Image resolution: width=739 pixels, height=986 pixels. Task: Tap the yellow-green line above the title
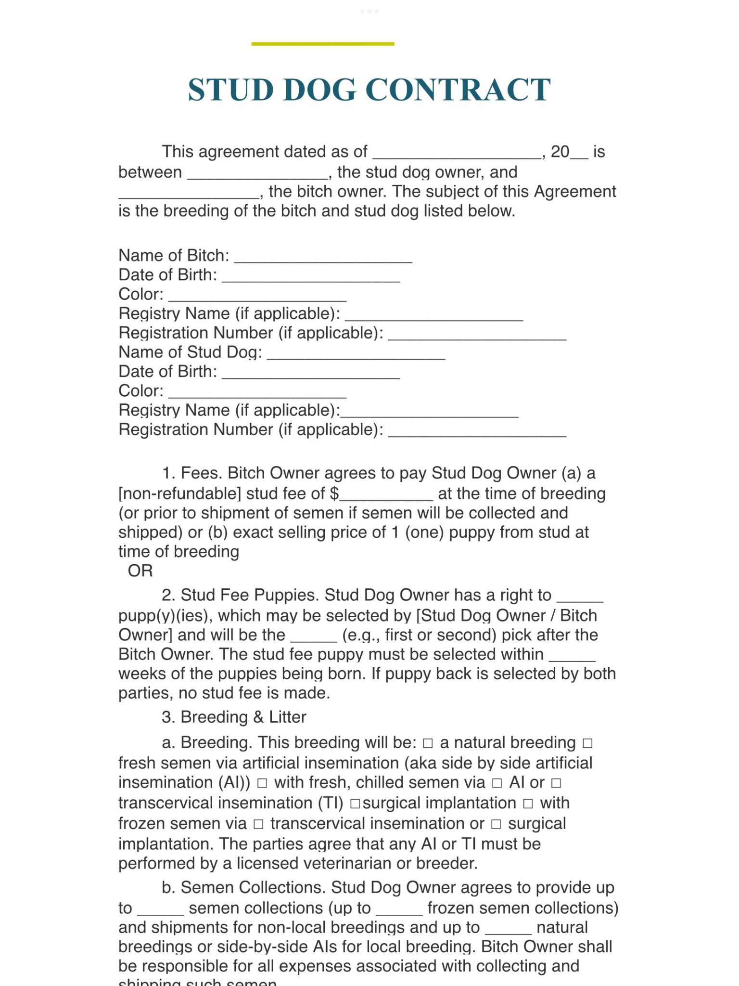pyautogui.click(x=322, y=44)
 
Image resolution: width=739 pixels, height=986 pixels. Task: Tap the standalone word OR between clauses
pyautogui.click(x=140, y=571)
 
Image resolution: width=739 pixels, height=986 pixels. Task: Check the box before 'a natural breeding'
pyautogui.click(x=428, y=744)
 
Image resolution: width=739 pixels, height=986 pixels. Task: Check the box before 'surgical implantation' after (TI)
pyautogui.click(x=355, y=804)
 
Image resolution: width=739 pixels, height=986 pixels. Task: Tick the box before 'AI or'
pyautogui.click(x=497, y=784)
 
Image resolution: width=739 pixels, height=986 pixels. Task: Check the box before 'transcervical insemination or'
pyautogui.click(x=258, y=825)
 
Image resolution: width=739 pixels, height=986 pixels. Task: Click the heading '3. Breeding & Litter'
pyautogui.click(x=234, y=717)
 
